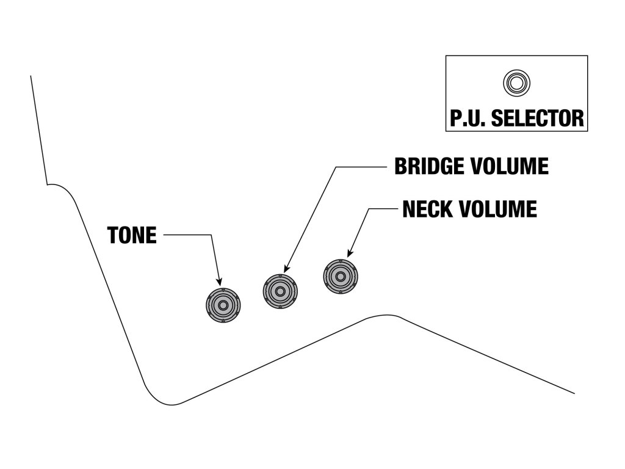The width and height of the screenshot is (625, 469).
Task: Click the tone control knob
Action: [223, 305]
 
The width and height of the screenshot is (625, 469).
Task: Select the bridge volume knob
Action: [281, 291]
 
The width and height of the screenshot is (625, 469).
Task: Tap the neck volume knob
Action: [341, 277]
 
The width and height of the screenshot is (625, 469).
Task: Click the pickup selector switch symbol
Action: [516, 83]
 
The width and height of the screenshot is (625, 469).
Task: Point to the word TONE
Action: [132, 235]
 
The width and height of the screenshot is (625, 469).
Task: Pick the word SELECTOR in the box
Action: [538, 118]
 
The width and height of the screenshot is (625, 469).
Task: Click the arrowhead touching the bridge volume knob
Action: [287, 269]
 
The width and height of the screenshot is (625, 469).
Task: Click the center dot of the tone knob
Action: [223, 305]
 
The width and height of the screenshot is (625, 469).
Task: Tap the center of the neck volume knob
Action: [341, 277]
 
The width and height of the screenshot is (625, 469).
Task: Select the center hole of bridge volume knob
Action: [281, 291]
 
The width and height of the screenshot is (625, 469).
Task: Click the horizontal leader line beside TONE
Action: [187, 235]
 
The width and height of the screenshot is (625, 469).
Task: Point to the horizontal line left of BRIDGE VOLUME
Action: [361, 167]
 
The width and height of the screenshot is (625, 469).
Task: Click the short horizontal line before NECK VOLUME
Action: [383, 209]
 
